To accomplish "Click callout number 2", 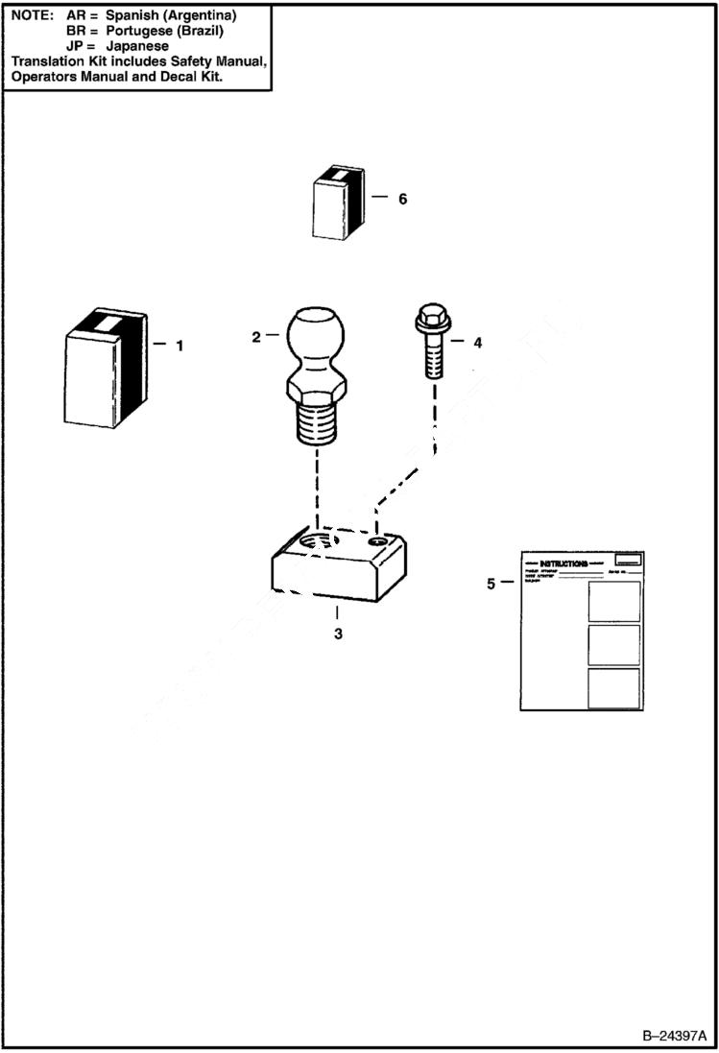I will coord(256,337).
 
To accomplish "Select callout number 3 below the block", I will coord(338,634).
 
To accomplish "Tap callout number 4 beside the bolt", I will coord(477,342).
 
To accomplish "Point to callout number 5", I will coord(491,583).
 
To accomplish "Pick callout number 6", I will coord(402,199).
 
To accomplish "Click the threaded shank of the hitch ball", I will coord(319,422).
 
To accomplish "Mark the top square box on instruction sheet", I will coord(613,601).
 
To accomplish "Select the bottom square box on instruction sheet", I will coord(613,687).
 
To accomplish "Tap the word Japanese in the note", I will coord(137,45).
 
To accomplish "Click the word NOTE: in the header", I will coord(32,16).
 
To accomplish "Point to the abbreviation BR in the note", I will coord(77,31).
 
